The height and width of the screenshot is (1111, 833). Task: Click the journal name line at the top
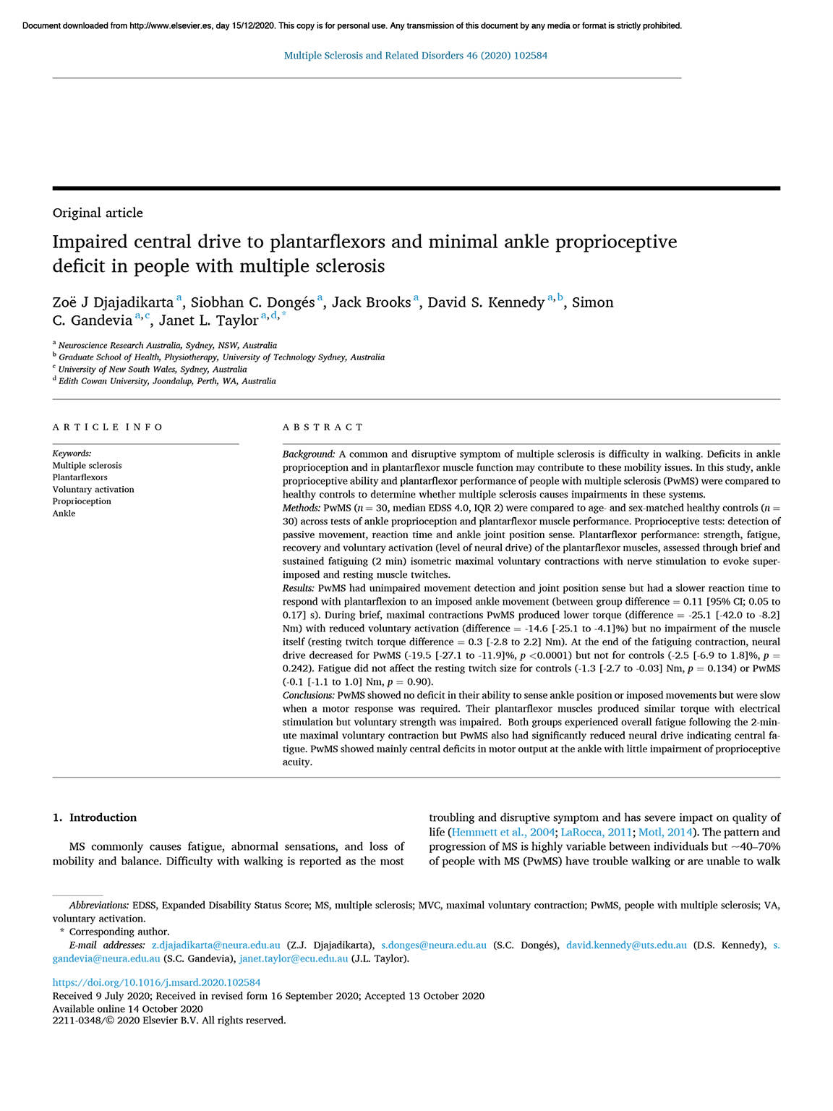(416, 56)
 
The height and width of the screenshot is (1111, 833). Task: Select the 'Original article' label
(98, 213)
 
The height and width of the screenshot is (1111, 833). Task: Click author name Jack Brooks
(371, 302)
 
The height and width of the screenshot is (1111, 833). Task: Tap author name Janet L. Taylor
(208, 320)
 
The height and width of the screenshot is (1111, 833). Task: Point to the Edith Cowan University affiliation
(167, 381)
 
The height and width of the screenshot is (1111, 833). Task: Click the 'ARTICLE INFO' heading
(108, 427)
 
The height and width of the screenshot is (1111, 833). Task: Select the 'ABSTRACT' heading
(323, 427)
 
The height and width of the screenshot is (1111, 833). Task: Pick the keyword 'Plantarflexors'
(80, 477)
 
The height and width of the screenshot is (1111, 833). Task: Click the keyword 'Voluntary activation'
(93, 490)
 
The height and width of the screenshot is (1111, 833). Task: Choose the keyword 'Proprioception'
(82, 501)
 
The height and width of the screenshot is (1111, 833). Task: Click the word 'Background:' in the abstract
(309, 454)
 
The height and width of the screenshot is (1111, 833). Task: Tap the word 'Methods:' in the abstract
(302, 508)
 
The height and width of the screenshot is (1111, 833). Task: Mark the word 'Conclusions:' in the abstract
(309, 695)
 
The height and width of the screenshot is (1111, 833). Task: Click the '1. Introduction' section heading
(95, 817)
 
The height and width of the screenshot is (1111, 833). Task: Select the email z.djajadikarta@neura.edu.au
(215, 945)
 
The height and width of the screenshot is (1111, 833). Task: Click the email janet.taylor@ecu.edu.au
(294, 959)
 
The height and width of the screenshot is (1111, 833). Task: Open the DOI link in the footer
(156, 982)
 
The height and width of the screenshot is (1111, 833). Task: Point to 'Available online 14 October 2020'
(128, 1008)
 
